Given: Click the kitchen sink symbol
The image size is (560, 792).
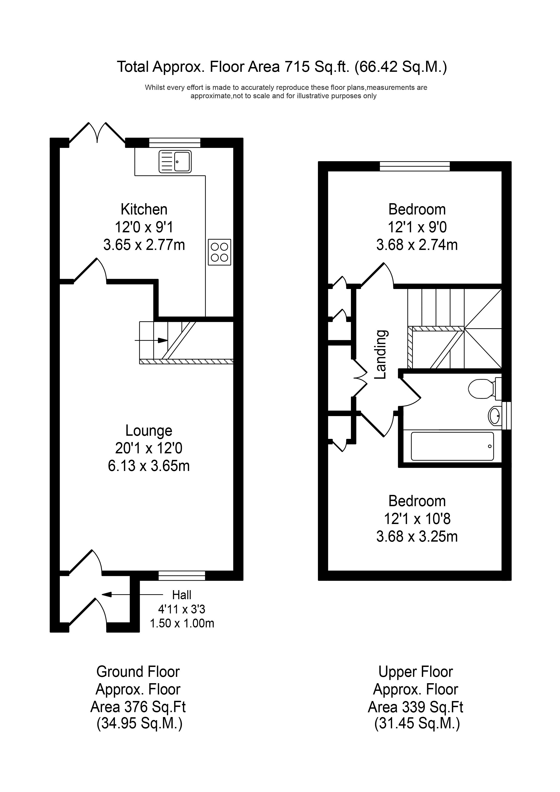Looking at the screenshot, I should point(175,161).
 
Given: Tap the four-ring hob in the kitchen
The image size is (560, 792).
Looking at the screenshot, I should point(219,252).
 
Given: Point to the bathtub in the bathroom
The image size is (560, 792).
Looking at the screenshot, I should point(452,446).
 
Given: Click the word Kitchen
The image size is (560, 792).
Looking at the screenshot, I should point(144,209).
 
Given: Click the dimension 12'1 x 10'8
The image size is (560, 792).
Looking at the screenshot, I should point(417,519).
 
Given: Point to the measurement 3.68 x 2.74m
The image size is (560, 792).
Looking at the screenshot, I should point(417,245).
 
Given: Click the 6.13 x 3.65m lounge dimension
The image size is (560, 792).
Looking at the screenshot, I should point(149,466).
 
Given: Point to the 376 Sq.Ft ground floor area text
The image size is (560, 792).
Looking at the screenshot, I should point(138,707).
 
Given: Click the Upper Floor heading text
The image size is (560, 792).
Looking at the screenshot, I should point(415,672).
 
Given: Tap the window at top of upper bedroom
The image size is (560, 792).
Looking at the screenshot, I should point(415,166).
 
